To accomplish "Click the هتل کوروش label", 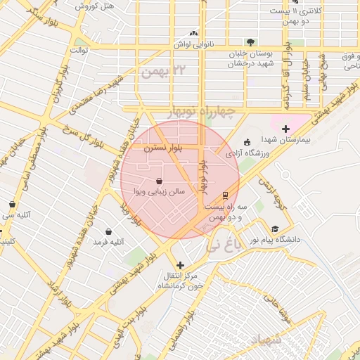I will [95, 6].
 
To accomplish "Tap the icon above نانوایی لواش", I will [193, 33].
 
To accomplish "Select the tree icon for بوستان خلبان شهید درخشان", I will [250, 42].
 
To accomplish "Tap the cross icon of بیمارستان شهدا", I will [285, 128].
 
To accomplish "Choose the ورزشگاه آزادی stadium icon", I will [246, 141].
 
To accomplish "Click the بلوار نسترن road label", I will [162, 149].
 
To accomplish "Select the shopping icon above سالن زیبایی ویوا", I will [159, 181].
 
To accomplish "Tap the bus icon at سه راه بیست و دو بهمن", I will [225, 195].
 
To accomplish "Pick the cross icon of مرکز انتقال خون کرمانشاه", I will [181, 265].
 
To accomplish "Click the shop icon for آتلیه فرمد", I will [108, 231].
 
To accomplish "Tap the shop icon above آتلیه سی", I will [12, 205].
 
